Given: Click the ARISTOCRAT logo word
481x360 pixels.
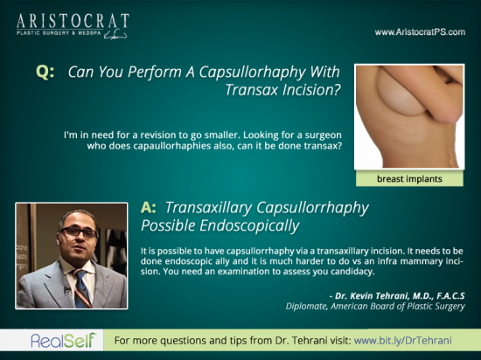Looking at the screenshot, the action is coord(73,21).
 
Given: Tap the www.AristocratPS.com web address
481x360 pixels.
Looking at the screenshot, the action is coord(420,32).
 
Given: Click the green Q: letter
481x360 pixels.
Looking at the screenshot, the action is coord(45,73).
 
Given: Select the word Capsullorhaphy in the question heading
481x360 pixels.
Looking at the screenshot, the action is coord(252,73).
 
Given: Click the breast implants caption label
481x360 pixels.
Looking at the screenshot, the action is coord(409,179).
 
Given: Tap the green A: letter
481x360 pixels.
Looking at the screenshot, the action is coord(148,208).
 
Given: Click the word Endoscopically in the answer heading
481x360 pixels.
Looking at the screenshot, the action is coord(249,226).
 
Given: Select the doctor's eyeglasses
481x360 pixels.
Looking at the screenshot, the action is coord(79,232).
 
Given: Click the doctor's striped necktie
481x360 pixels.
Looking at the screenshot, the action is coord(82,288).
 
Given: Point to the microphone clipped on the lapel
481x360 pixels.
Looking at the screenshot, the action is coord(66,290).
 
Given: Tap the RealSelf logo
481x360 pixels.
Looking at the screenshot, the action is coord(64,341).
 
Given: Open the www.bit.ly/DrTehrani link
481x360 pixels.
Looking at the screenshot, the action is coord(403,341).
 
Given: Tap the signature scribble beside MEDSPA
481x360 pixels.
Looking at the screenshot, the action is coord(115,35).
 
